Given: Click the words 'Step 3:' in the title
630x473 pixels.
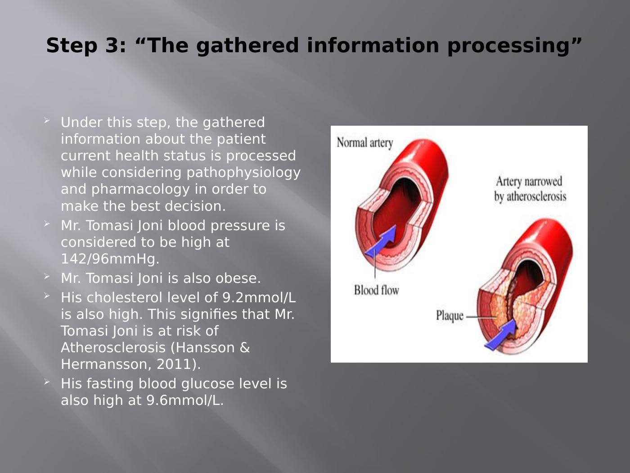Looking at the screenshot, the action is click(x=86, y=45).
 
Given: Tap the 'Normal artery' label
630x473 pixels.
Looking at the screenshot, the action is click(x=365, y=143).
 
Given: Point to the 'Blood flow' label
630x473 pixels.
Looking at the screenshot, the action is click(x=376, y=290).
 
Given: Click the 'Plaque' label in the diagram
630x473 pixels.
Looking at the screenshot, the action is click(x=450, y=316).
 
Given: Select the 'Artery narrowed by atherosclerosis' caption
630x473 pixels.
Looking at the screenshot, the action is click(x=530, y=189).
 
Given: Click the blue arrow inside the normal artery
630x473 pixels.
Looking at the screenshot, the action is click(x=380, y=241).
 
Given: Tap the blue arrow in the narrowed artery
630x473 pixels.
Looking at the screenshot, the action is click(x=500, y=335).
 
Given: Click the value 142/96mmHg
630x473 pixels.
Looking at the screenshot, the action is click(x=110, y=259).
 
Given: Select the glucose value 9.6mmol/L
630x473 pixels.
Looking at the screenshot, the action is click(x=185, y=400).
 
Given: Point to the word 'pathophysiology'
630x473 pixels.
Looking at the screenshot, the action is click(x=243, y=173).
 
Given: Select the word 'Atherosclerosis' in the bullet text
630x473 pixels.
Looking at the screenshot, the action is click(x=113, y=347).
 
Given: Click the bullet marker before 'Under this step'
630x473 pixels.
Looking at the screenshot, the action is click(x=47, y=121).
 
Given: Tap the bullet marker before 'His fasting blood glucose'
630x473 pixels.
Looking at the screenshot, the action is click(x=47, y=382).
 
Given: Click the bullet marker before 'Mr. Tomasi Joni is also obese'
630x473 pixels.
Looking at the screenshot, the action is click(x=47, y=277).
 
